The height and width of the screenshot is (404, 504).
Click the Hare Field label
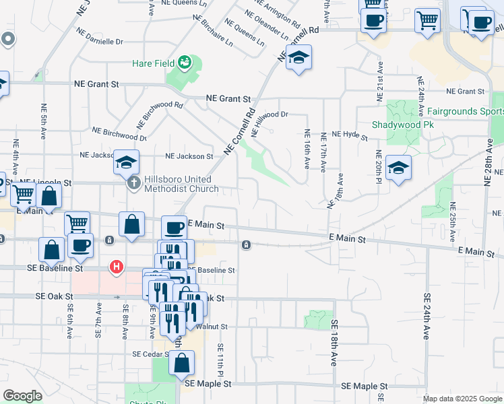click(x=153, y=64)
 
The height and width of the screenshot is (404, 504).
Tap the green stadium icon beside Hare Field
click(x=184, y=64)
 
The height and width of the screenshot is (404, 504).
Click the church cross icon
click(x=133, y=183)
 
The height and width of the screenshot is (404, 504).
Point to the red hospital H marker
click(x=117, y=267)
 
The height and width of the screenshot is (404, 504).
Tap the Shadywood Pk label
click(x=403, y=125)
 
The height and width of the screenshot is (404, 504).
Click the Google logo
click(x=22, y=395)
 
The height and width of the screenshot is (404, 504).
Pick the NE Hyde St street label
click(x=349, y=135)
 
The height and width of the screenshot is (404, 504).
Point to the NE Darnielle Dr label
click(x=99, y=36)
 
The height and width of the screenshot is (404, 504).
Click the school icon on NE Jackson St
click(x=126, y=162)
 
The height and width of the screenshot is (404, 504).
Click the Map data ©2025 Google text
click(x=462, y=399)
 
